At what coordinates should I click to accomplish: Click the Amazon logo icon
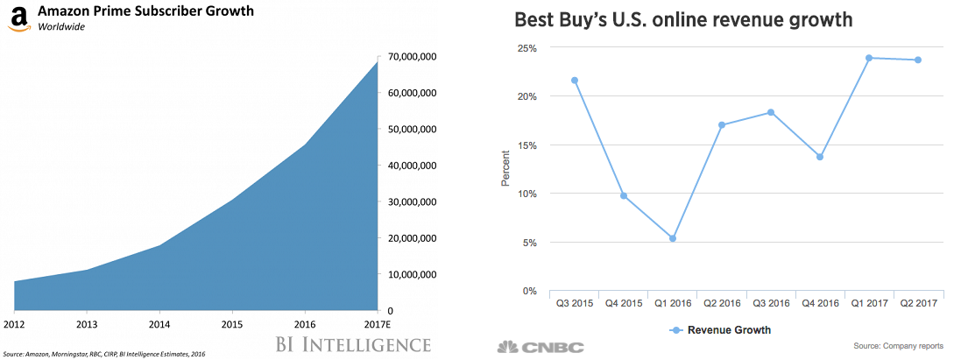coord(16,18)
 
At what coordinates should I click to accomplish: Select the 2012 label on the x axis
coord(12,325)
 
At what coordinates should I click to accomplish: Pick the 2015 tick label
coord(232,325)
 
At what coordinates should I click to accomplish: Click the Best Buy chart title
coord(683,20)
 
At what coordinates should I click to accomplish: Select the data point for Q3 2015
coord(575,81)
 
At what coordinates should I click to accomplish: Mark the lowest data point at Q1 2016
coord(673,238)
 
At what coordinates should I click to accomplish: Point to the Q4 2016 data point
coord(820,157)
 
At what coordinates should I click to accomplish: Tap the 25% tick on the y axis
coord(526,47)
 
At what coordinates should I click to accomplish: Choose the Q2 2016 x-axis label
coord(722,304)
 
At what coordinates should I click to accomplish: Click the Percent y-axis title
coord(505,169)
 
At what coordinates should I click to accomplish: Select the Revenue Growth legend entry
coord(721,330)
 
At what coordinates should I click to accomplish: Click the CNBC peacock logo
coord(507,348)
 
